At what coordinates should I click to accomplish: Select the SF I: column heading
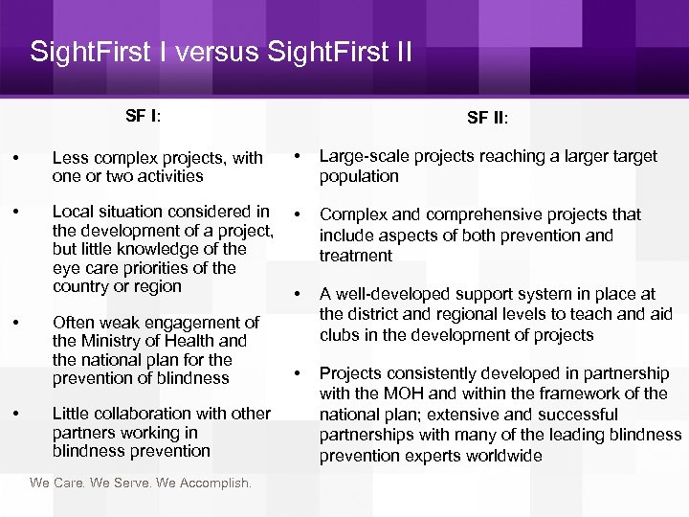144,116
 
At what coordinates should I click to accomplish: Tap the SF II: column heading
488,119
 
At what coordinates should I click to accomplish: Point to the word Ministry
108,341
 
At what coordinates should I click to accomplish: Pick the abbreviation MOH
392,393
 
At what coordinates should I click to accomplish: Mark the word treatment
356,256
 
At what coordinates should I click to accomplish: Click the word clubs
341,335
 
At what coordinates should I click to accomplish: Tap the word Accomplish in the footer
212,483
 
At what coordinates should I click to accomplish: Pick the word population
359,176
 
